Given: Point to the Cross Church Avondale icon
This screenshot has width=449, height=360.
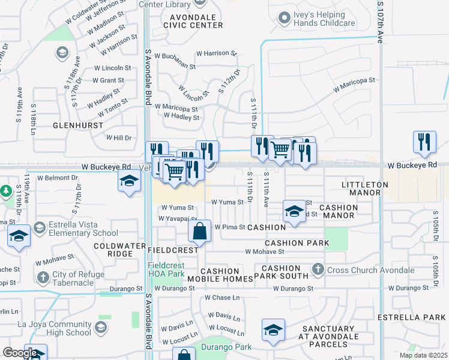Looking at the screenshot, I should (x=319, y=270).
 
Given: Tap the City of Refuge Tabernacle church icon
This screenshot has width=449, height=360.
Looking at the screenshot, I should (x=42, y=277).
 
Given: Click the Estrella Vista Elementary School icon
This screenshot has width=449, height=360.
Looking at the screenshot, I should (x=40, y=227).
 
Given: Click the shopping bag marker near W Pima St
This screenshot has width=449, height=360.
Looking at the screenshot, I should (x=200, y=231).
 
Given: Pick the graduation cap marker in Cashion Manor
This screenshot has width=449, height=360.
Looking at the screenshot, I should (x=294, y=211).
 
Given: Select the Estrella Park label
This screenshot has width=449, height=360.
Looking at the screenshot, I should (x=411, y=316).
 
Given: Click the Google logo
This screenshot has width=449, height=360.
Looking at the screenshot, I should (x=19, y=353).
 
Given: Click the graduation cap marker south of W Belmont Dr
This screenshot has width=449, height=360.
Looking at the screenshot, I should (x=128, y=182).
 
